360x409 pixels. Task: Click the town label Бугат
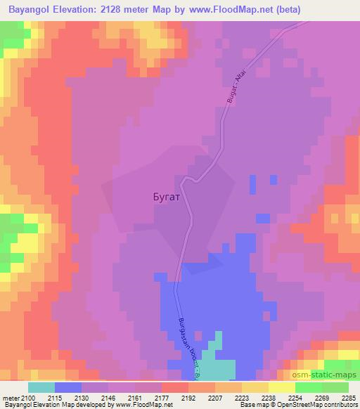coord(167,197)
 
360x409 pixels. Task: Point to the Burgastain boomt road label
coord(186,349)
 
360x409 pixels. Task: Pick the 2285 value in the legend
coord(348,398)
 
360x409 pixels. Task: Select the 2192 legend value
coord(188,398)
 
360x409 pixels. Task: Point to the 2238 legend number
coord(268,398)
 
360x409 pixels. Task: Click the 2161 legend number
coord(135,398)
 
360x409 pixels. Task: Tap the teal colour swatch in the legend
coord(41,387)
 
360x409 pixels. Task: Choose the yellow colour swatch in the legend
coord(283,387)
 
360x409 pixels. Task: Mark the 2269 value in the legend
coord(321,398)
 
